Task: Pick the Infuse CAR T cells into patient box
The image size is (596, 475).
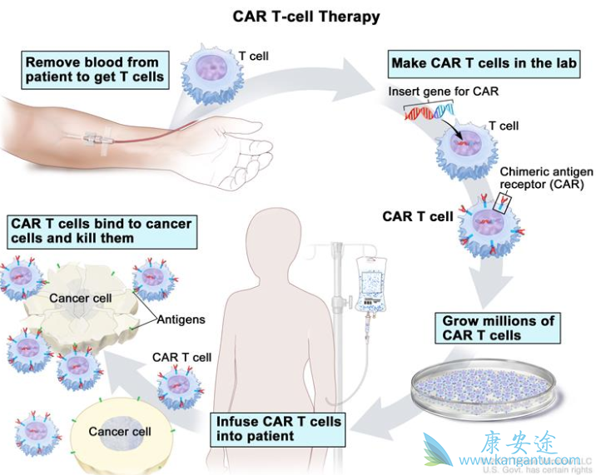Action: pos(278,428)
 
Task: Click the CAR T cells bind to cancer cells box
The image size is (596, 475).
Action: pos(101,231)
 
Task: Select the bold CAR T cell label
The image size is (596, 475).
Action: pos(418,217)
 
